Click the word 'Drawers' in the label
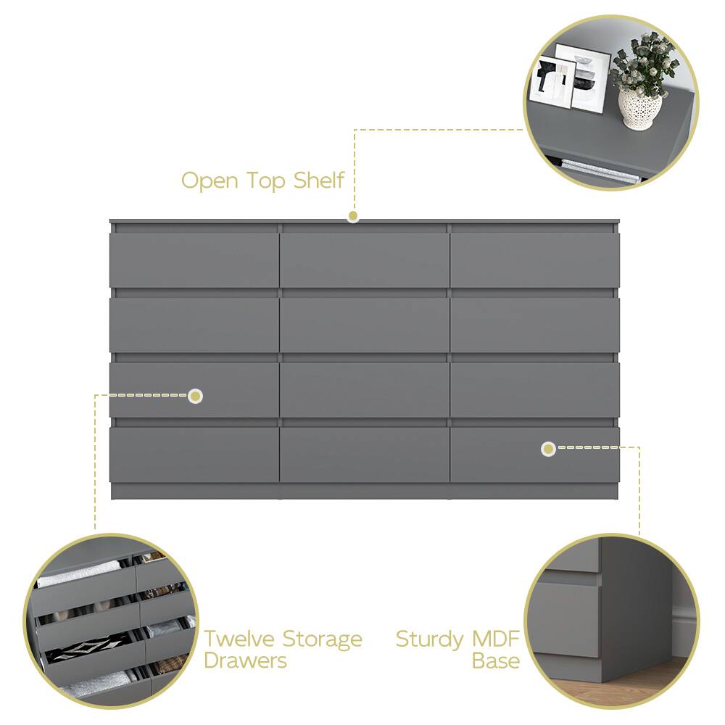(x=245, y=660)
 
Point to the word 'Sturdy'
(x=429, y=640)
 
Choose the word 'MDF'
(x=496, y=639)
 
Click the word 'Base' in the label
(x=496, y=660)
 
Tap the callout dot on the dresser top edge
(x=353, y=216)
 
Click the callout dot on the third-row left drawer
(x=196, y=396)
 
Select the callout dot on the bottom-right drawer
(x=548, y=449)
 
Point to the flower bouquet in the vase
(x=643, y=65)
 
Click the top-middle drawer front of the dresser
(x=364, y=260)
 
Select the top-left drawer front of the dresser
(x=194, y=260)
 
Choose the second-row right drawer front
(x=534, y=325)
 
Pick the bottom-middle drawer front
(x=364, y=455)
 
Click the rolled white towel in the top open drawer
(x=78, y=573)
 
